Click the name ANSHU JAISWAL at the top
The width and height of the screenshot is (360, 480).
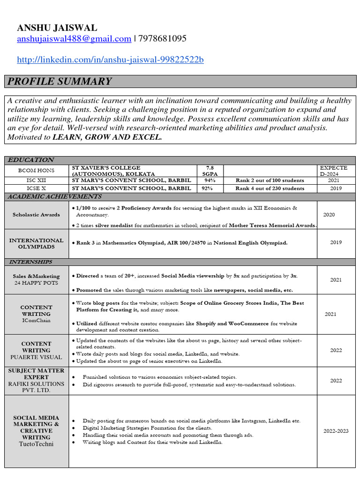click(x=57, y=28)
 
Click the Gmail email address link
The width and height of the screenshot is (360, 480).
click(x=74, y=39)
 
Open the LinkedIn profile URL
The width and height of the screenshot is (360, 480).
click(x=110, y=60)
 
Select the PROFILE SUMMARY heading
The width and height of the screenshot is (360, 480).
click(x=60, y=82)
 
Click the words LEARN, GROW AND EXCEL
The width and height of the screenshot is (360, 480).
click(x=107, y=137)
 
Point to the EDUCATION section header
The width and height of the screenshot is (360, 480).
click(x=31, y=160)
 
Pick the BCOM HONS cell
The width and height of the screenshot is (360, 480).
click(x=37, y=171)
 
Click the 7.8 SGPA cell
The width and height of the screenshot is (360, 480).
click(x=210, y=171)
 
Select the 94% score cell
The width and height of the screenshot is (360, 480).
click(x=210, y=180)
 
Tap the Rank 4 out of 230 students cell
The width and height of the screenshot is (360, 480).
click(x=270, y=188)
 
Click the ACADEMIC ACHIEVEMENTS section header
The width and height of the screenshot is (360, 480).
click(x=54, y=197)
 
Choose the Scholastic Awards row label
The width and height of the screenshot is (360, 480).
click(x=37, y=215)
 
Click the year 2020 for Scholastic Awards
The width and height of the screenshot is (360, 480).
click(x=329, y=215)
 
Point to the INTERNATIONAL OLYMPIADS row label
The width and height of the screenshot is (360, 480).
click(x=37, y=243)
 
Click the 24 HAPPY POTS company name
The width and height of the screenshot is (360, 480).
click(x=37, y=283)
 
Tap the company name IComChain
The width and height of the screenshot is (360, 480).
click(x=37, y=321)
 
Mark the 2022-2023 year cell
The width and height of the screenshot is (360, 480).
click(x=336, y=431)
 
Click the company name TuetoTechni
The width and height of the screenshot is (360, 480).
click(x=37, y=444)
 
